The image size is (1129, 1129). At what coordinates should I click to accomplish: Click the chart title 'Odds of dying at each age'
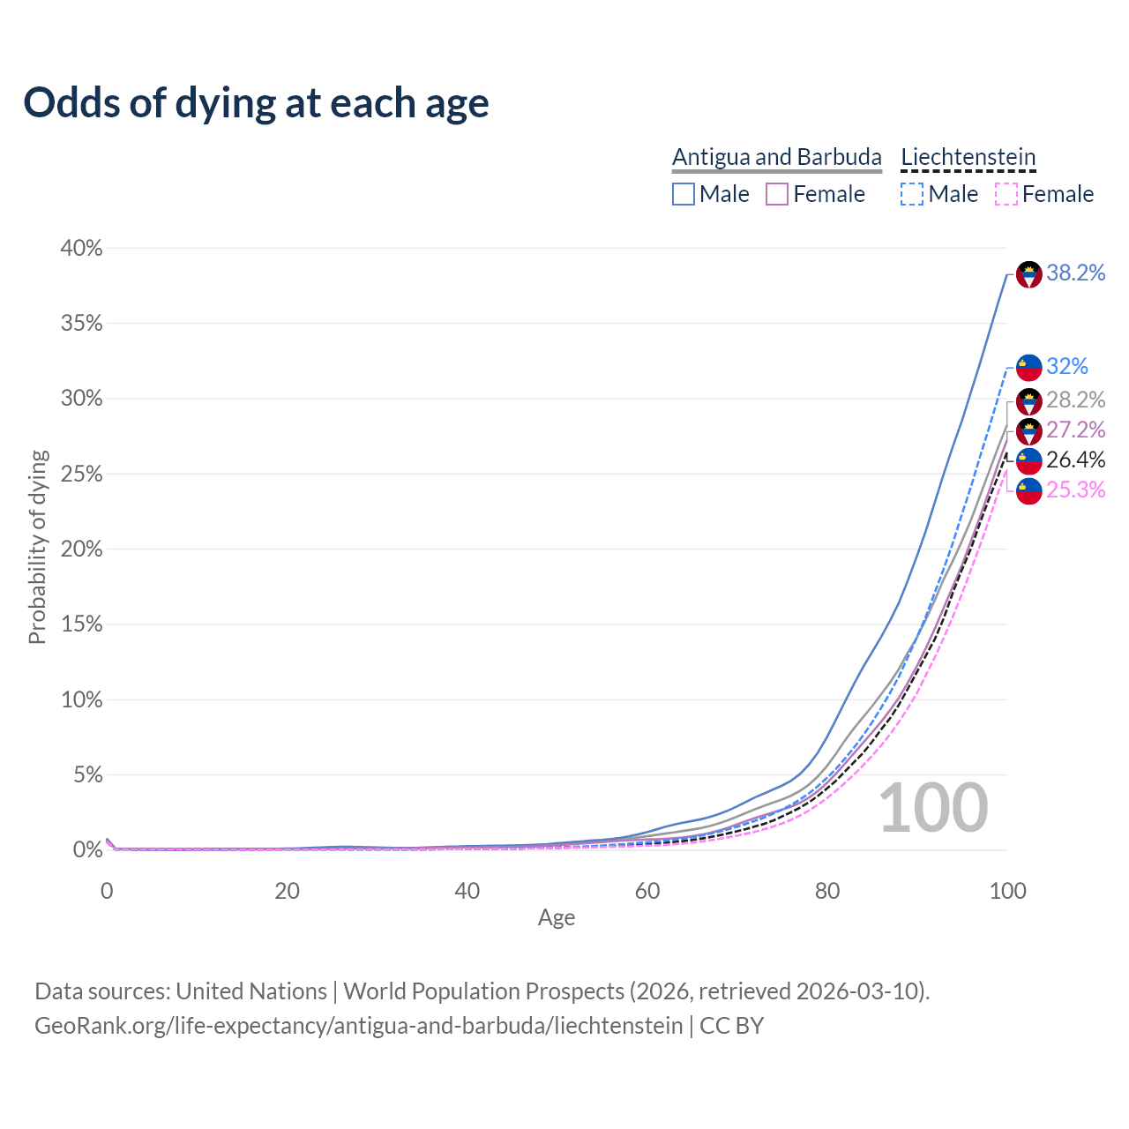(256, 103)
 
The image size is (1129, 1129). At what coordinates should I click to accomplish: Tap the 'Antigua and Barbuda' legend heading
(776, 157)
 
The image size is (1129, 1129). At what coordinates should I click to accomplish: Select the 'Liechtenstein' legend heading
(968, 157)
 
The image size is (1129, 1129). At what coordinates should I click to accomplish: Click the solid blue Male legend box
(684, 194)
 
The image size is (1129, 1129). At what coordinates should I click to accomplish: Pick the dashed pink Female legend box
(1006, 194)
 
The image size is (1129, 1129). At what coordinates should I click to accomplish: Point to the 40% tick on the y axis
(81, 249)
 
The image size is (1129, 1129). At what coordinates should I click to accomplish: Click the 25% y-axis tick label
(81, 475)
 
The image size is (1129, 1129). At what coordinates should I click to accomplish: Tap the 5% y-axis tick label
(86, 775)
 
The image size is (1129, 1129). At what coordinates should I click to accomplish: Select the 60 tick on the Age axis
(647, 891)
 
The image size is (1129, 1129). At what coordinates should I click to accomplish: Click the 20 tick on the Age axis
(287, 891)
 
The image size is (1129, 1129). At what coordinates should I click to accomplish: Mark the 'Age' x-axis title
(557, 918)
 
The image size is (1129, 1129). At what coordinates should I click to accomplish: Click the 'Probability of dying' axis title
(37, 547)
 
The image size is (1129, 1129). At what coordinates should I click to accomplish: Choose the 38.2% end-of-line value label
(1075, 273)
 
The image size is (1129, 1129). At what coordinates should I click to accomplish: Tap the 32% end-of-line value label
(1067, 366)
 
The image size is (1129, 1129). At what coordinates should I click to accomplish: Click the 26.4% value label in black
(1075, 460)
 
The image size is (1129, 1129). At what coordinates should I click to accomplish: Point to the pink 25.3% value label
(1075, 490)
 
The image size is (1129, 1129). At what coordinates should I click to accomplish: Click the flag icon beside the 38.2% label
(1029, 274)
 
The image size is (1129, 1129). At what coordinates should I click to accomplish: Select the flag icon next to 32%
(1029, 367)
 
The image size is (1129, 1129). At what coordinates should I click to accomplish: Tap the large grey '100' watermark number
(933, 808)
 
